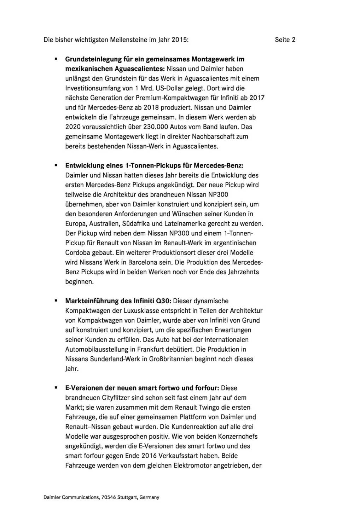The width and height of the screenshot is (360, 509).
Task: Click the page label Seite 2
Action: [x=285, y=40]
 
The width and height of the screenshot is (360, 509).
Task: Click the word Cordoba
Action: [x=77, y=253]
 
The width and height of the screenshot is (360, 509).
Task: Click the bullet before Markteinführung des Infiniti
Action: [x=56, y=301]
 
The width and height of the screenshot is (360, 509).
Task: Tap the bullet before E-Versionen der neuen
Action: [x=56, y=388]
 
